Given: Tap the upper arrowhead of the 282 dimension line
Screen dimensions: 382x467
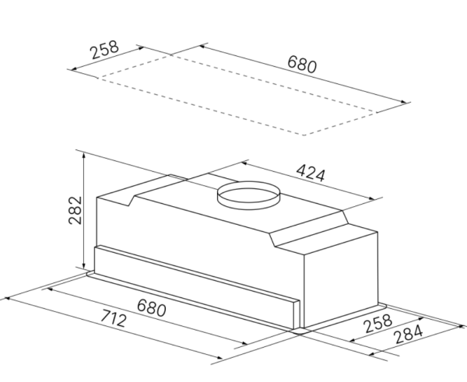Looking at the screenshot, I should pyautogui.click(x=83, y=153).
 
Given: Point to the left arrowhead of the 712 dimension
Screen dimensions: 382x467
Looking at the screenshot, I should pyautogui.click(x=6, y=297).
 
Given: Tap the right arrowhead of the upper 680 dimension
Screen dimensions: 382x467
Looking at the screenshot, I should pyautogui.click(x=408, y=101).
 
